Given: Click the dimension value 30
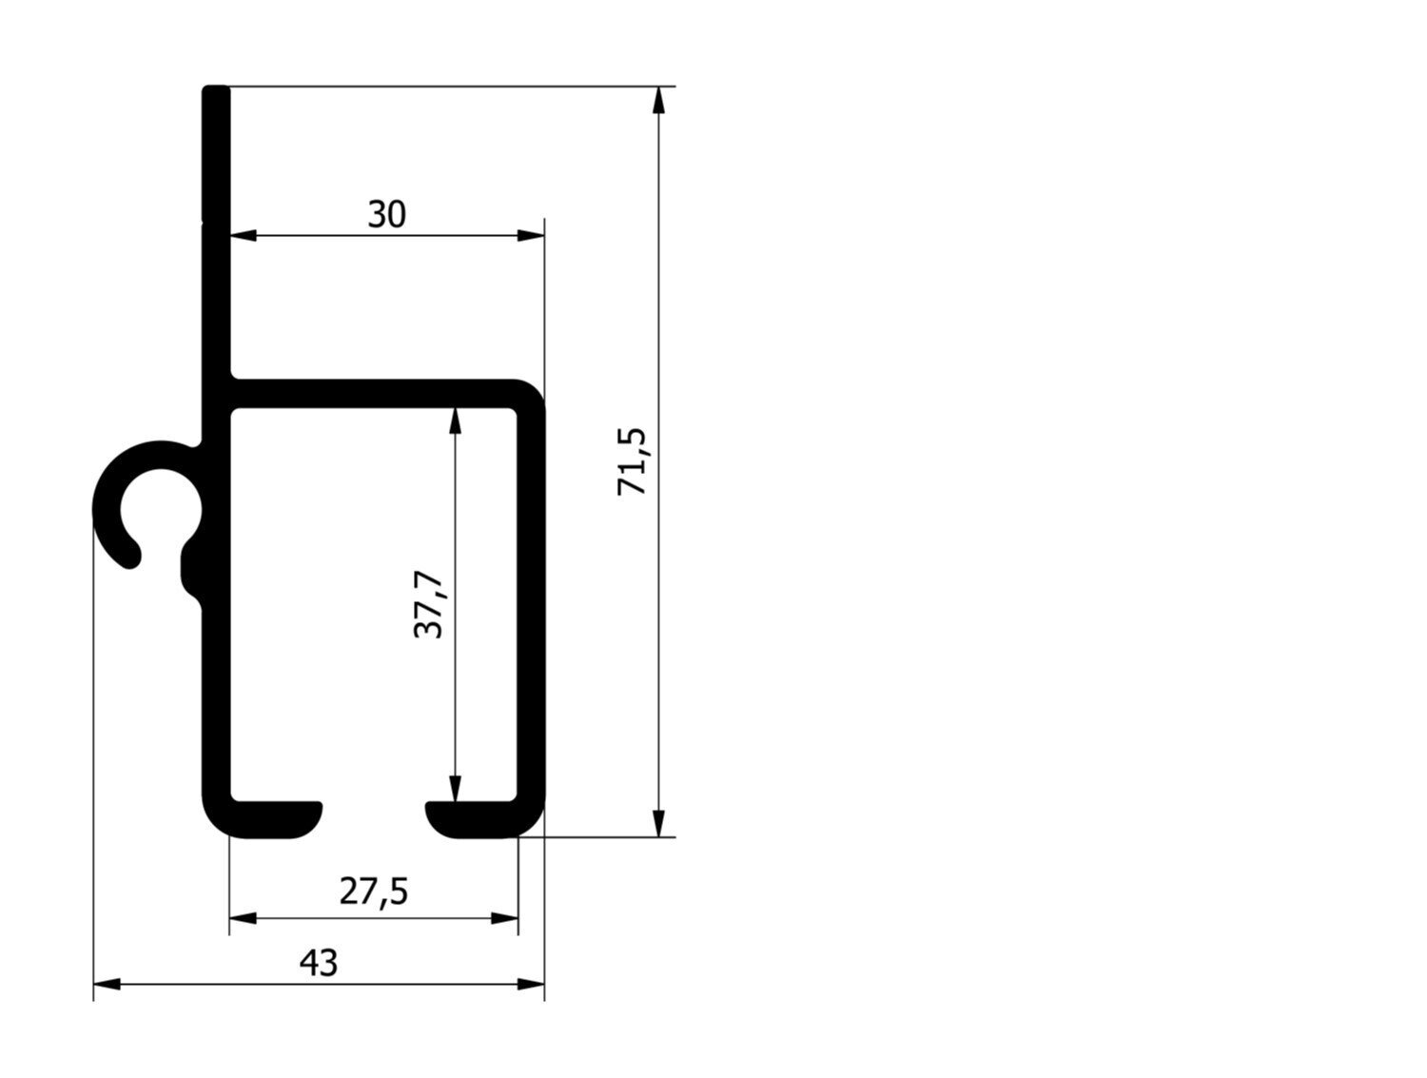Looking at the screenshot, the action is click(386, 214).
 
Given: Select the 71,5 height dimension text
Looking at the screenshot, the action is click(632, 461).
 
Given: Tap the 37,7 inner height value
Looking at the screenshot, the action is click(428, 605).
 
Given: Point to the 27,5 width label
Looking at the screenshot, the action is click(374, 892).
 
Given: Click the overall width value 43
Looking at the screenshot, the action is click(319, 963).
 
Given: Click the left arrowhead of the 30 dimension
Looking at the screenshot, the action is click(244, 235).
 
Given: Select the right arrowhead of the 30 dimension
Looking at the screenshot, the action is click(531, 235).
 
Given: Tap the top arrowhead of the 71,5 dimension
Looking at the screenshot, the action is click(658, 100).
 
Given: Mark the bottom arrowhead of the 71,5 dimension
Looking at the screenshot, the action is click(658, 823).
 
